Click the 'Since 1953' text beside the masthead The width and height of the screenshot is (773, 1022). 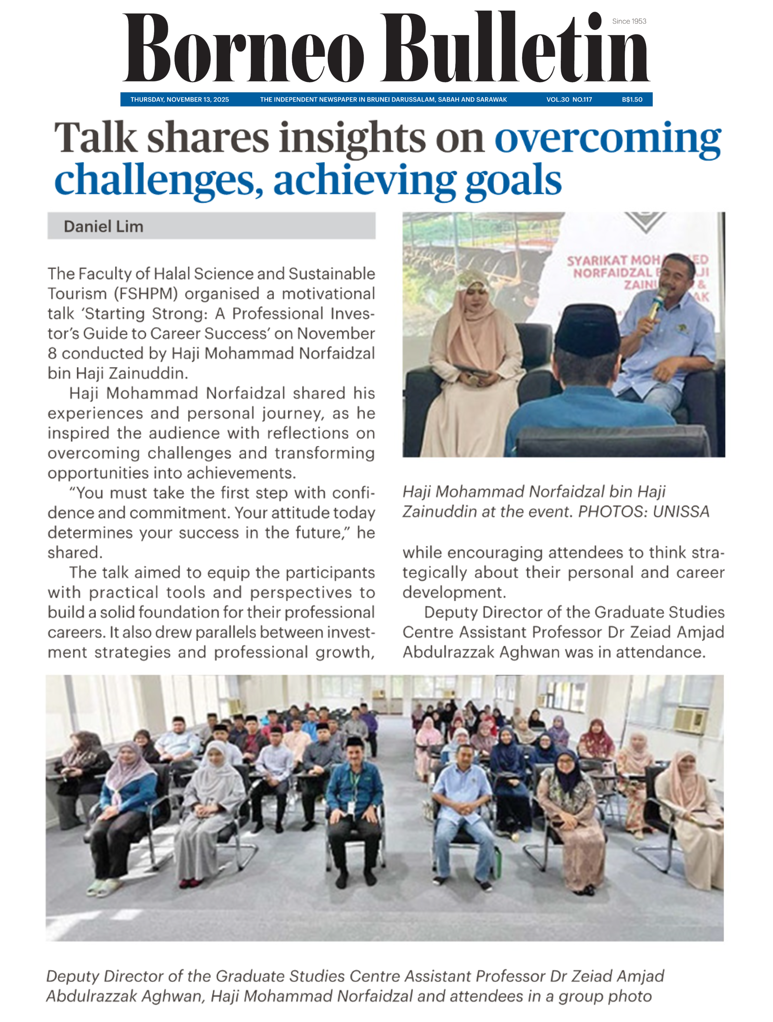pyautogui.click(x=629, y=21)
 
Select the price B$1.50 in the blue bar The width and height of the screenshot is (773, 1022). pyautogui.click(x=632, y=99)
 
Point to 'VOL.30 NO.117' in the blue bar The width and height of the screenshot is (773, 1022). pyautogui.click(x=569, y=99)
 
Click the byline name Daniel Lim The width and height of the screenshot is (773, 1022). pyautogui.click(x=104, y=226)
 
